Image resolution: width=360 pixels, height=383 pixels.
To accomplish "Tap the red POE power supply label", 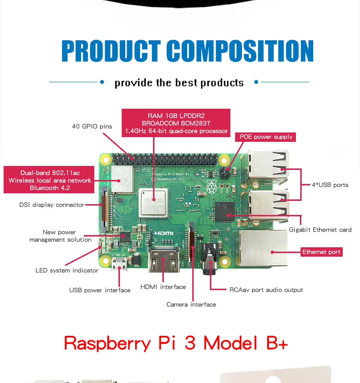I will [266, 137].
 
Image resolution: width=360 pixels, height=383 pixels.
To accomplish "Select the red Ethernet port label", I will [321, 252].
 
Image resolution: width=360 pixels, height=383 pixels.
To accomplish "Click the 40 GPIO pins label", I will [92, 126].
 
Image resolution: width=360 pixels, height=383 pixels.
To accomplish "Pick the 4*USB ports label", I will [330, 185].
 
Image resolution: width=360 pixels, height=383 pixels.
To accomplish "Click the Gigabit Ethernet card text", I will [320, 230].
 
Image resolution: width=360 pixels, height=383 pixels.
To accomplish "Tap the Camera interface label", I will [191, 305].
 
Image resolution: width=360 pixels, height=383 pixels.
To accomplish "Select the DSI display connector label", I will [52, 205].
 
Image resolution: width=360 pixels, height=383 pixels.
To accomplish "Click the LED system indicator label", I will [67, 270].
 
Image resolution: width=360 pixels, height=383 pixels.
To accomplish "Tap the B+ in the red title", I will [277, 343].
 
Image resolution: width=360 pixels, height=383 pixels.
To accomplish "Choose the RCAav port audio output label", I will [266, 290].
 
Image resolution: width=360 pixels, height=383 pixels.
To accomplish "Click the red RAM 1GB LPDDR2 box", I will [176, 123].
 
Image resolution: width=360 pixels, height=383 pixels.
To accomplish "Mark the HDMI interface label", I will [163, 287].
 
